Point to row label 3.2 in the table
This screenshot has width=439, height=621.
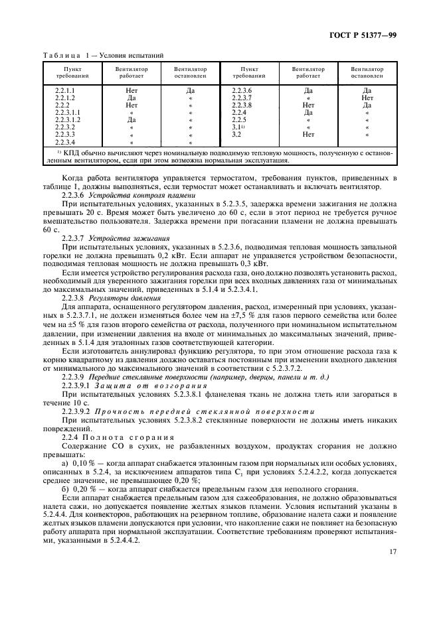[236, 135]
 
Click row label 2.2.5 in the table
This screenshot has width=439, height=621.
[239, 119]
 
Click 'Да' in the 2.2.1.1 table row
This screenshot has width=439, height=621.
[191, 90]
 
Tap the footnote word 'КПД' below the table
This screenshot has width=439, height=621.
[70, 153]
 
